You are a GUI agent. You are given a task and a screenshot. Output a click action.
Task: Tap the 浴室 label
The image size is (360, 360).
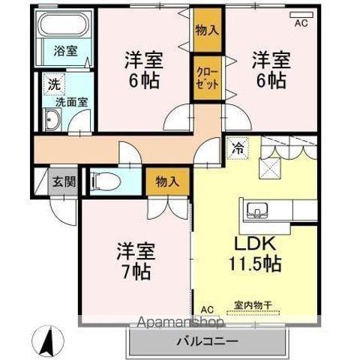tap(66, 51)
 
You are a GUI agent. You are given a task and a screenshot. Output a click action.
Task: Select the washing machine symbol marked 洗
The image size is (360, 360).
tap(54, 84)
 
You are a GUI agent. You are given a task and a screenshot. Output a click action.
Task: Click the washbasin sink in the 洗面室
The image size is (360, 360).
tap(52, 119)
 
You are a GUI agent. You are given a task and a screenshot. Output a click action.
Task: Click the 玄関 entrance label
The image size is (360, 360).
tap(64, 181)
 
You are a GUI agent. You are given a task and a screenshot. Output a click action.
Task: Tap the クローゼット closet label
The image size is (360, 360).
tap(207, 78)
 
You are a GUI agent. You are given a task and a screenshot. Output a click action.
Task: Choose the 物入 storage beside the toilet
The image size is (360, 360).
tap(168, 181)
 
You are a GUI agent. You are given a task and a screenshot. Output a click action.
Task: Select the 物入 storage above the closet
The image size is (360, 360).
tap(208, 30)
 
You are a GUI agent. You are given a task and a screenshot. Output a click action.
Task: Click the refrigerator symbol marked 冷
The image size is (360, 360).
tap(238, 149)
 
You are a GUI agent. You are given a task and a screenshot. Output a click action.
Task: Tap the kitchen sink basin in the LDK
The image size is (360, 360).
tap(257, 209)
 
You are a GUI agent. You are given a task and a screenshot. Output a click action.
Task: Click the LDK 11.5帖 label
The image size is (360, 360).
tap(255, 254)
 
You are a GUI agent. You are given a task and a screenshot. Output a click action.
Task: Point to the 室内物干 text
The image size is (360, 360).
tap(253, 305)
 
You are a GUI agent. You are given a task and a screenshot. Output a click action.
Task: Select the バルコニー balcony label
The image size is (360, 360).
tap(207, 341)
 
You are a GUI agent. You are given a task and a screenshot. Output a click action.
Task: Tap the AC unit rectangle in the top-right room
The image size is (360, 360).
tap(301, 15)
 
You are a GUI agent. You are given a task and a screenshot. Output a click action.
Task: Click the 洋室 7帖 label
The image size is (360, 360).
tap(135, 261)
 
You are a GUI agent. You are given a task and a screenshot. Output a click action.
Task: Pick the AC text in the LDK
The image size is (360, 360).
tap(207, 310)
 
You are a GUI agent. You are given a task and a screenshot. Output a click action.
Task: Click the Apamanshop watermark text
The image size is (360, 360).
tap(181, 322)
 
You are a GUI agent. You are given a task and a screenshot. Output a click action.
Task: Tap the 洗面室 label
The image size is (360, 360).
tap(71, 102)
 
